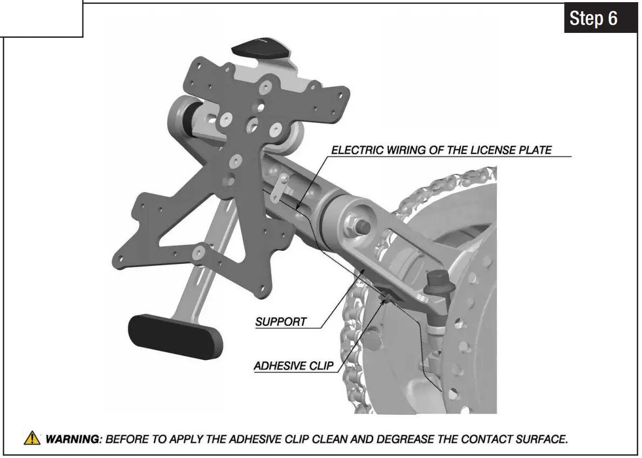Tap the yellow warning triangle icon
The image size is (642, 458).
[x=33, y=439]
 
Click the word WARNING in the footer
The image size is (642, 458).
[x=73, y=439]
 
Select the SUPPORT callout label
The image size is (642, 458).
[x=281, y=322]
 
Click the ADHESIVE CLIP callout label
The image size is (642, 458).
[x=294, y=366]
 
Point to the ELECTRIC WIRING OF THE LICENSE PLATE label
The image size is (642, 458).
[x=441, y=150]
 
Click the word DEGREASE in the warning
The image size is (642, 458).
[x=401, y=439]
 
